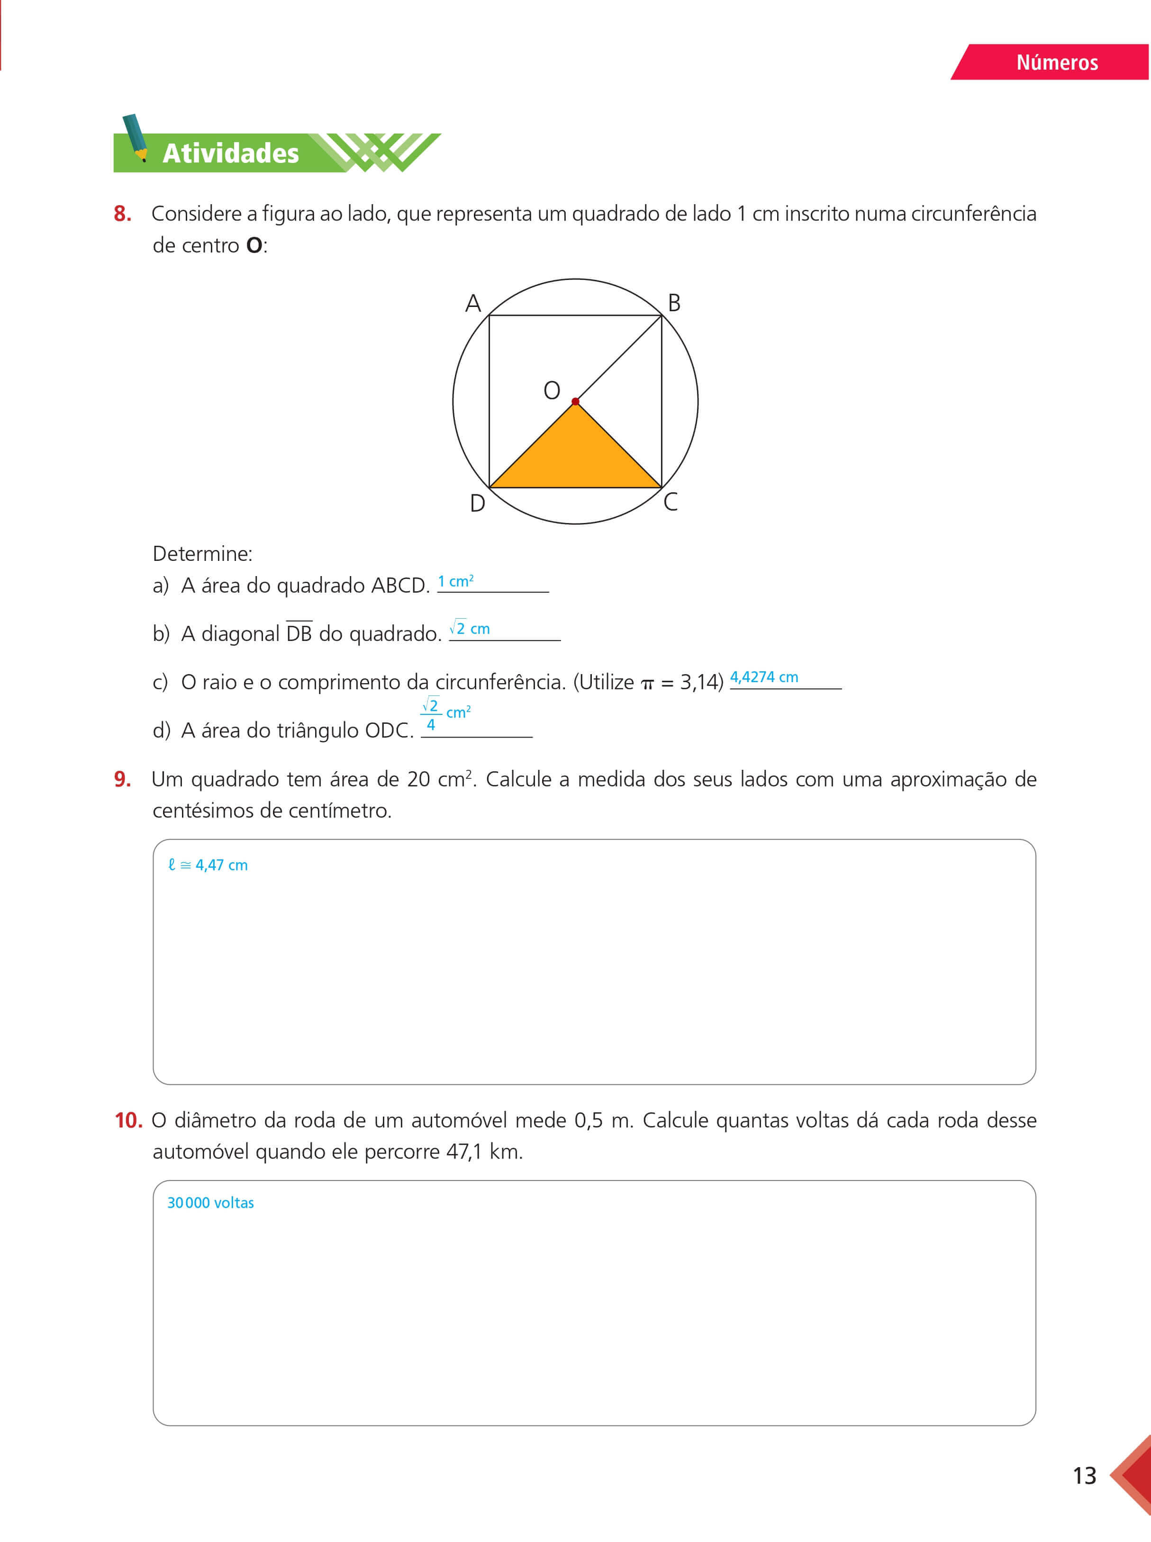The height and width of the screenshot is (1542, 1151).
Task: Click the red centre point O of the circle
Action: pyautogui.click(x=575, y=401)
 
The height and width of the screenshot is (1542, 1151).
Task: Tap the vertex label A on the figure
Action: pyautogui.click(x=473, y=304)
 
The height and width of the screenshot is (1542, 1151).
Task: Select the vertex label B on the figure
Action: pyautogui.click(x=674, y=303)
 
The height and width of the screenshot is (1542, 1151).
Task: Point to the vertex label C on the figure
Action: pyautogui.click(x=670, y=502)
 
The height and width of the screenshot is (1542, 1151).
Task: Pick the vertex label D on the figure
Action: pyautogui.click(x=477, y=503)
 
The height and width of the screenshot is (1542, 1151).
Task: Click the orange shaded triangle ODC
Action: pyautogui.click(x=575, y=457)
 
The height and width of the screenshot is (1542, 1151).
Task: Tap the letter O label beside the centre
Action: pyautogui.click(x=552, y=390)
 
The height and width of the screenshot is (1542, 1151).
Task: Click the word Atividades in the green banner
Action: pyautogui.click(x=231, y=153)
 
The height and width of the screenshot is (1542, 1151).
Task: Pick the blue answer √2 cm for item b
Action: pyautogui.click(x=470, y=628)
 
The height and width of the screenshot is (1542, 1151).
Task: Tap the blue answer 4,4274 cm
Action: pyautogui.click(x=763, y=677)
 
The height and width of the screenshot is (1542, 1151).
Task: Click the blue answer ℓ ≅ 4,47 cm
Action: pyautogui.click(x=208, y=865)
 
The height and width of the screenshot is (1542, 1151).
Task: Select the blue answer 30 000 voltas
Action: pyautogui.click(x=210, y=1203)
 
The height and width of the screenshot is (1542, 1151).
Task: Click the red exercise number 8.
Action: pyautogui.click(x=123, y=214)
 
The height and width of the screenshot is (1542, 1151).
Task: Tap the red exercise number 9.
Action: pyautogui.click(x=123, y=779)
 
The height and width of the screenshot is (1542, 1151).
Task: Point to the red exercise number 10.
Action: pyautogui.click(x=128, y=1121)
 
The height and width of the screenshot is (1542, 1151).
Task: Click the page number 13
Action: pyautogui.click(x=1084, y=1476)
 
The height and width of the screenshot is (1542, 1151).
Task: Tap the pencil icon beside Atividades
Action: pyautogui.click(x=135, y=138)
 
